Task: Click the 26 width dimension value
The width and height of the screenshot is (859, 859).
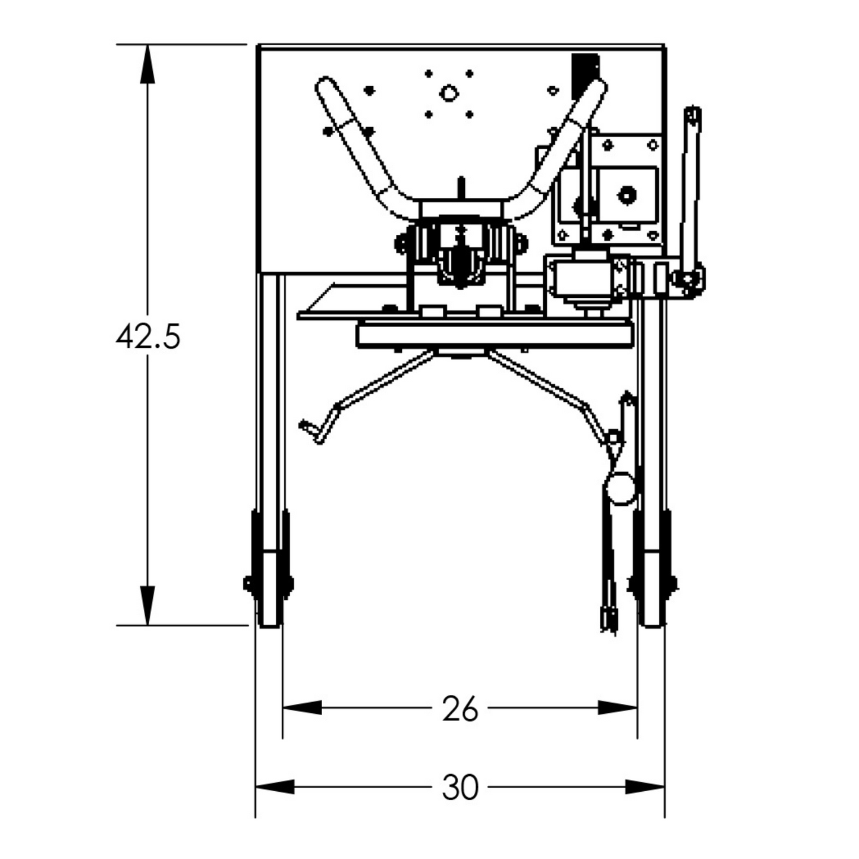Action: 460,708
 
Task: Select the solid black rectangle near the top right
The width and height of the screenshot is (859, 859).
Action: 585,74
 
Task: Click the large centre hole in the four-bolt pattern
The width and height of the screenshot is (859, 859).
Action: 448,93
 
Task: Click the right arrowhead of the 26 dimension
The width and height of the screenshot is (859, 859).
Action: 618,707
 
